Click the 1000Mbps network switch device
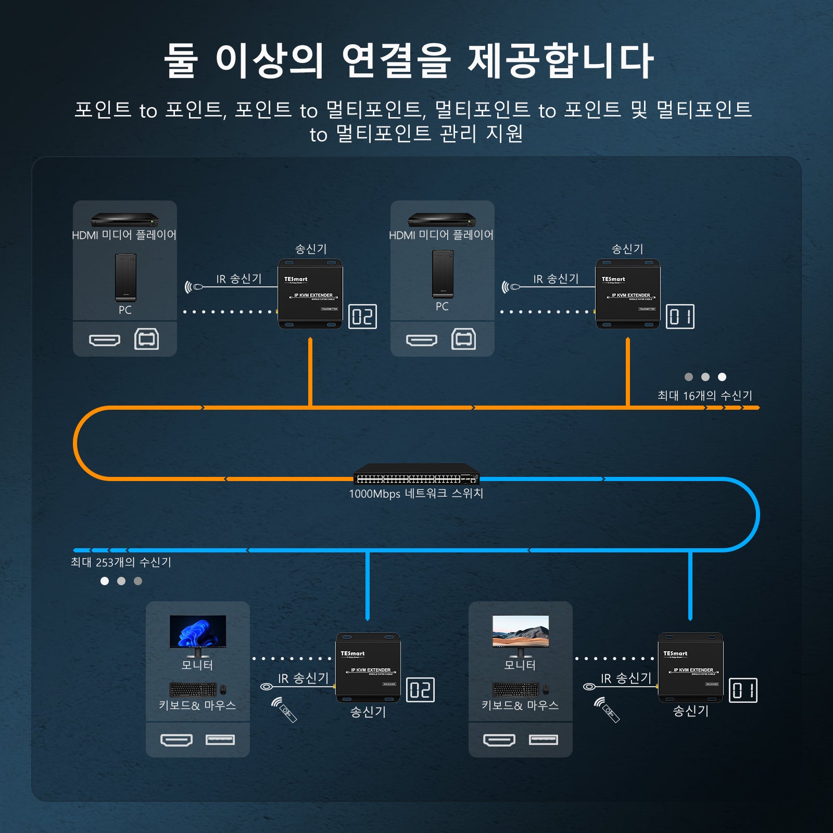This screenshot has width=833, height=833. click(x=416, y=474)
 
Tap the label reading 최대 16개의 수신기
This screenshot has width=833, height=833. click(x=704, y=396)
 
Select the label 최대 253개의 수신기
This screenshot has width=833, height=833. click(x=121, y=562)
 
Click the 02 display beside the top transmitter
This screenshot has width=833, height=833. click(x=362, y=317)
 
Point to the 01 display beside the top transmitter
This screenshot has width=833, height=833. click(x=680, y=317)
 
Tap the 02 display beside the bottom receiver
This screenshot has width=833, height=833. click(x=420, y=690)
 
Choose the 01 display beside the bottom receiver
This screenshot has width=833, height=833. click(x=743, y=690)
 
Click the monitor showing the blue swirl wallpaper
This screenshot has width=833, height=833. click(x=198, y=633)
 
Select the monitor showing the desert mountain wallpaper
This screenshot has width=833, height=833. click(x=521, y=633)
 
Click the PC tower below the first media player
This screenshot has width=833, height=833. click(x=125, y=277)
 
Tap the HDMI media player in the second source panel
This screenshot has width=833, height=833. click(x=441, y=220)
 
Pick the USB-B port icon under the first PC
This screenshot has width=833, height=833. click(x=147, y=339)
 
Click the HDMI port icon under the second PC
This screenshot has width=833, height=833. click(x=421, y=340)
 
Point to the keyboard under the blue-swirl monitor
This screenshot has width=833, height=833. click(x=193, y=690)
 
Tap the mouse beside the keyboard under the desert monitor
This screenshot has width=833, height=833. click(x=546, y=690)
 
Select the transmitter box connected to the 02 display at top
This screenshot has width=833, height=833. click(x=311, y=294)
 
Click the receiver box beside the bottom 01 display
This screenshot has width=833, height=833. click(x=691, y=667)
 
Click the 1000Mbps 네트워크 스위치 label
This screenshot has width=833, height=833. click(x=416, y=494)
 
